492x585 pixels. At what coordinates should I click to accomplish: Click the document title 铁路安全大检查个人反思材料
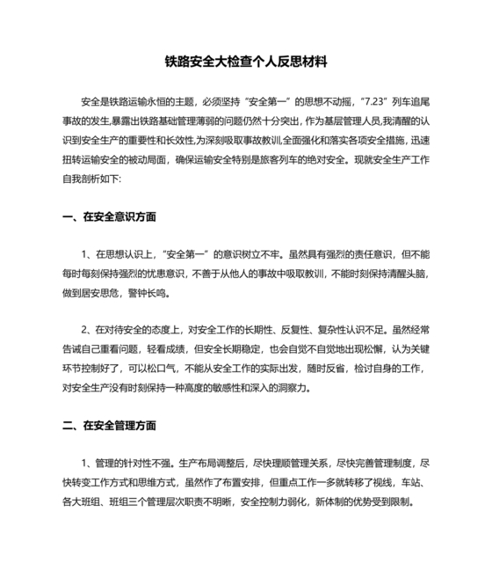pos(246,62)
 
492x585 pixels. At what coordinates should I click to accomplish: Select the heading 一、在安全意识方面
pos(110,216)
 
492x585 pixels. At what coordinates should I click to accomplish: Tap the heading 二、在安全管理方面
pos(110,425)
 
